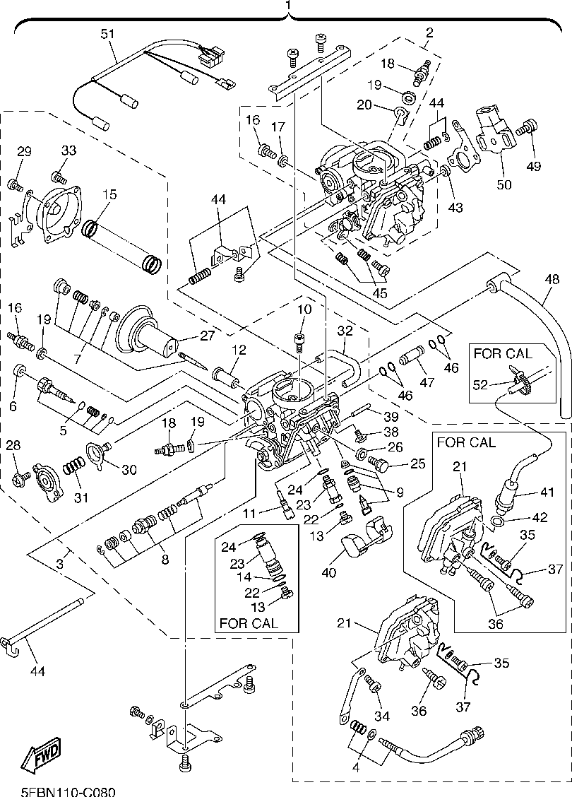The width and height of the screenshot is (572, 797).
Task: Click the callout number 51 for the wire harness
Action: pos(107,33)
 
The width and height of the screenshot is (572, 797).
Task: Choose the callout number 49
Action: pos(533,167)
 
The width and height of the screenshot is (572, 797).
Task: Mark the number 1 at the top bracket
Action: pos(287,6)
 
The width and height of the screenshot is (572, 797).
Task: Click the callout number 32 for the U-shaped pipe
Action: pos(345,329)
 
